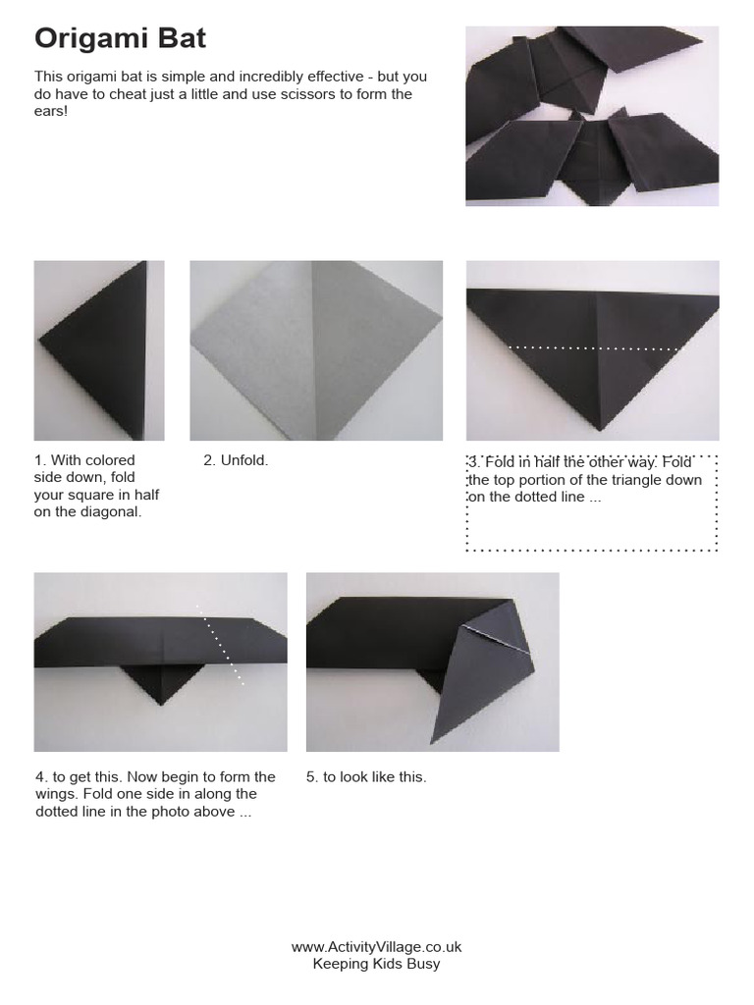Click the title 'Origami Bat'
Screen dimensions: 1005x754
pos(121,39)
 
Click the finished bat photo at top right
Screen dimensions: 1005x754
pos(591,116)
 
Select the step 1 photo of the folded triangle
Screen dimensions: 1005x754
pos(99,350)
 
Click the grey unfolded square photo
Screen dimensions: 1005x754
pos(315,350)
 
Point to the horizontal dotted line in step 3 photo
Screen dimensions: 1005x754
pos(594,347)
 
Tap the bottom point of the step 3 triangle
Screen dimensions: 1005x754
pos(600,428)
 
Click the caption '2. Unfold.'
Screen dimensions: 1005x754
pos(236,460)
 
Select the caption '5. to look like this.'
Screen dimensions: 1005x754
pos(366,776)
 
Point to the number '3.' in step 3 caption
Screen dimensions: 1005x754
pos(474,461)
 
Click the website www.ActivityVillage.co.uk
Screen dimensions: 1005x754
pos(376,947)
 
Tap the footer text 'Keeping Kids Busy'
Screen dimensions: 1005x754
pos(376,964)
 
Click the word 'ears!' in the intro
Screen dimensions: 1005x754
pos(52,112)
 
